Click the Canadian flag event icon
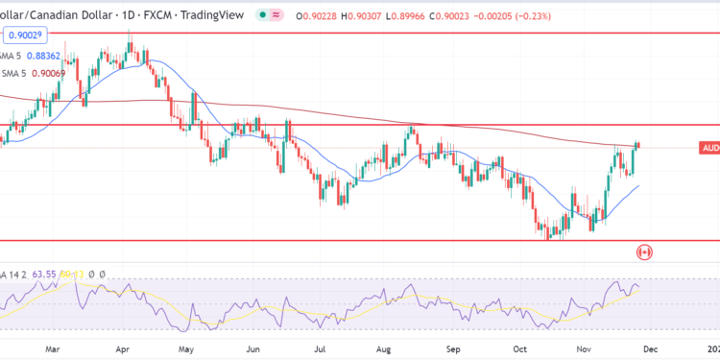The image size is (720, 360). pos(645,252)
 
